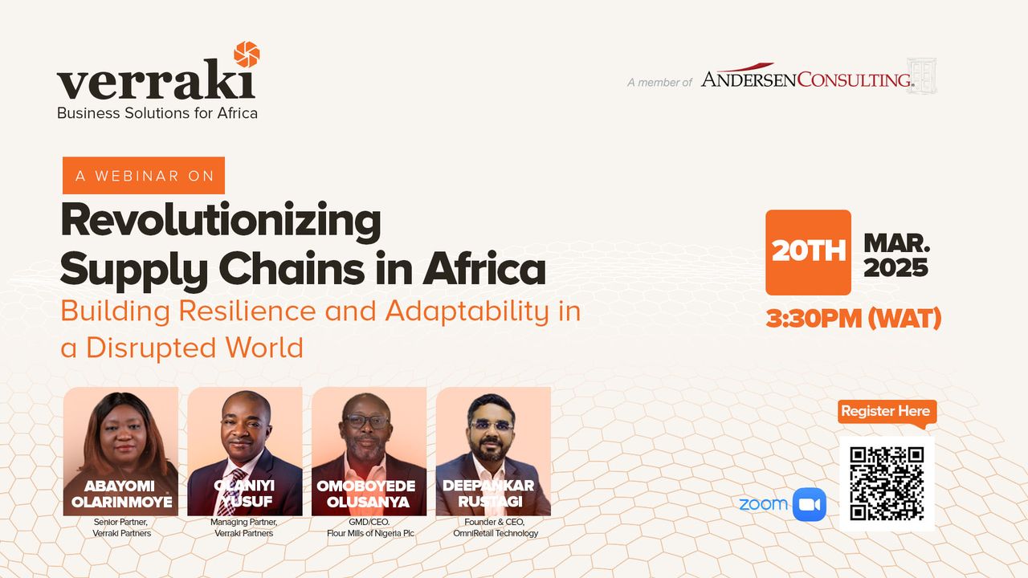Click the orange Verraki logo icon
[247, 54]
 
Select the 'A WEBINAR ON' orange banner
[144, 175]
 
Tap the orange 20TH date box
[808, 252]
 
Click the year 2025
[895, 267]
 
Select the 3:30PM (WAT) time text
[853, 319]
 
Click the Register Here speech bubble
[887, 412]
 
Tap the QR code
[887, 484]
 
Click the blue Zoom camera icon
[810, 505]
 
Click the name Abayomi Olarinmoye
[121, 494]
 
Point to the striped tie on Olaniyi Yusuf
[232, 493]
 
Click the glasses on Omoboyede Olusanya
[367, 421]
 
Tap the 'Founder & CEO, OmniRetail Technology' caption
[496, 527]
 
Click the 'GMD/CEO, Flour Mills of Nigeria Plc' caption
[370, 527]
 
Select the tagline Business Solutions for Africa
[157, 113]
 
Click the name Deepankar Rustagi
[489, 494]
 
